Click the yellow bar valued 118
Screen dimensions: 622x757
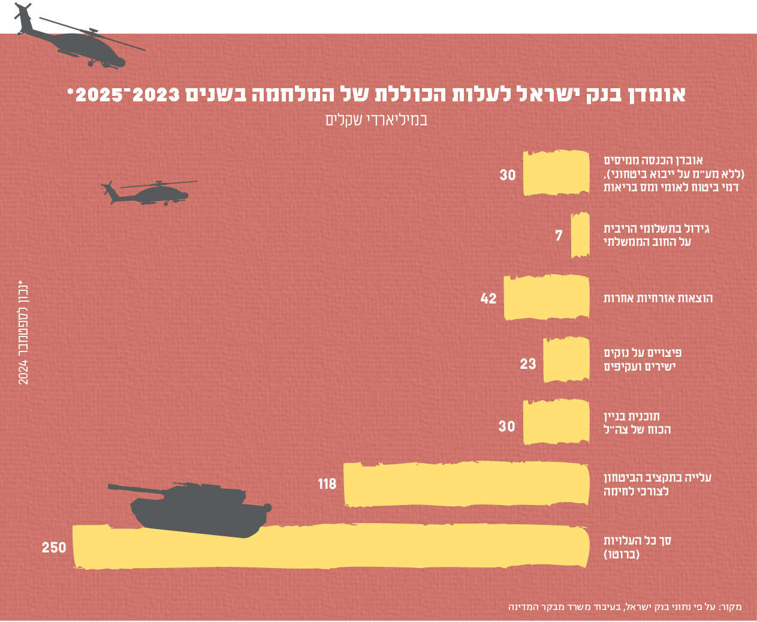[x=466, y=483]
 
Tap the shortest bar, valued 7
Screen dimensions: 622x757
[x=580, y=235]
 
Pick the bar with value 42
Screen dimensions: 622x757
[x=547, y=298]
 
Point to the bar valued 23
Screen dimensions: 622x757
[x=566, y=360]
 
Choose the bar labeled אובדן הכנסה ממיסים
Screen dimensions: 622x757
[x=556, y=173]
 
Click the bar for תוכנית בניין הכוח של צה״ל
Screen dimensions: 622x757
[x=556, y=422]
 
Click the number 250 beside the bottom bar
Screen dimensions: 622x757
[x=54, y=548]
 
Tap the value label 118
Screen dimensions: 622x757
[x=327, y=483]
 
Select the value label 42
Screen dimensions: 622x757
[x=488, y=298]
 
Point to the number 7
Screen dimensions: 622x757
[x=559, y=235]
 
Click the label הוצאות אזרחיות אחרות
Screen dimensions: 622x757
[x=658, y=298]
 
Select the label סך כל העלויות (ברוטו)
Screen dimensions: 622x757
[x=637, y=547]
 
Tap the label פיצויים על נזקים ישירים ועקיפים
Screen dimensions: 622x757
[x=643, y=359]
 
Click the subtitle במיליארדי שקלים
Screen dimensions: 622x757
[x=376, y=119]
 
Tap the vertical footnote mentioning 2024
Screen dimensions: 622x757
[x=23, y=332]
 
